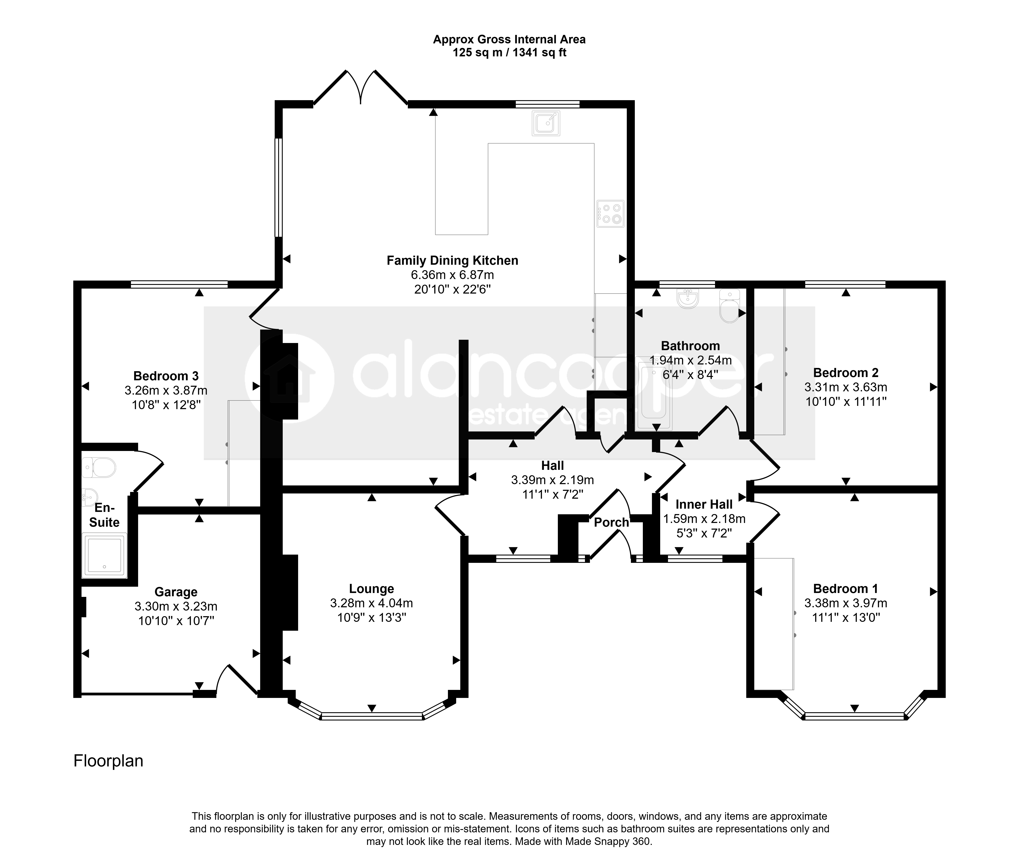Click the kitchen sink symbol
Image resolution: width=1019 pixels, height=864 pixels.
click(x=545, y=122)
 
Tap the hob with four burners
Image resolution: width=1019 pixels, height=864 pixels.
click(x=610, y=214)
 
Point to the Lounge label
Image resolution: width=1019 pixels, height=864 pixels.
click(x=372, y=589)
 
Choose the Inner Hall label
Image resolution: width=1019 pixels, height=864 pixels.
click(x=704, y=505)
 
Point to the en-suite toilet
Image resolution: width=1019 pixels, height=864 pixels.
click(x=99, y=467)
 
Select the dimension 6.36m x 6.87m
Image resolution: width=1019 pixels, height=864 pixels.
click(x=452, y=275)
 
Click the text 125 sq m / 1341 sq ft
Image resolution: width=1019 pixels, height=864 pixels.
click(x=509, y=52)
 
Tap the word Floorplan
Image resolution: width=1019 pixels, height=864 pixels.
click(x=108, y=761)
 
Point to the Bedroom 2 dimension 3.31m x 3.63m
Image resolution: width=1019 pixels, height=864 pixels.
click(x=846, y=387)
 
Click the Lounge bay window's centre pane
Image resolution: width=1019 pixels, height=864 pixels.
click(x=372, y=716)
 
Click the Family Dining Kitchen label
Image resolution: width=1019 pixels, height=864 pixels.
click(x=452, y=261)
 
